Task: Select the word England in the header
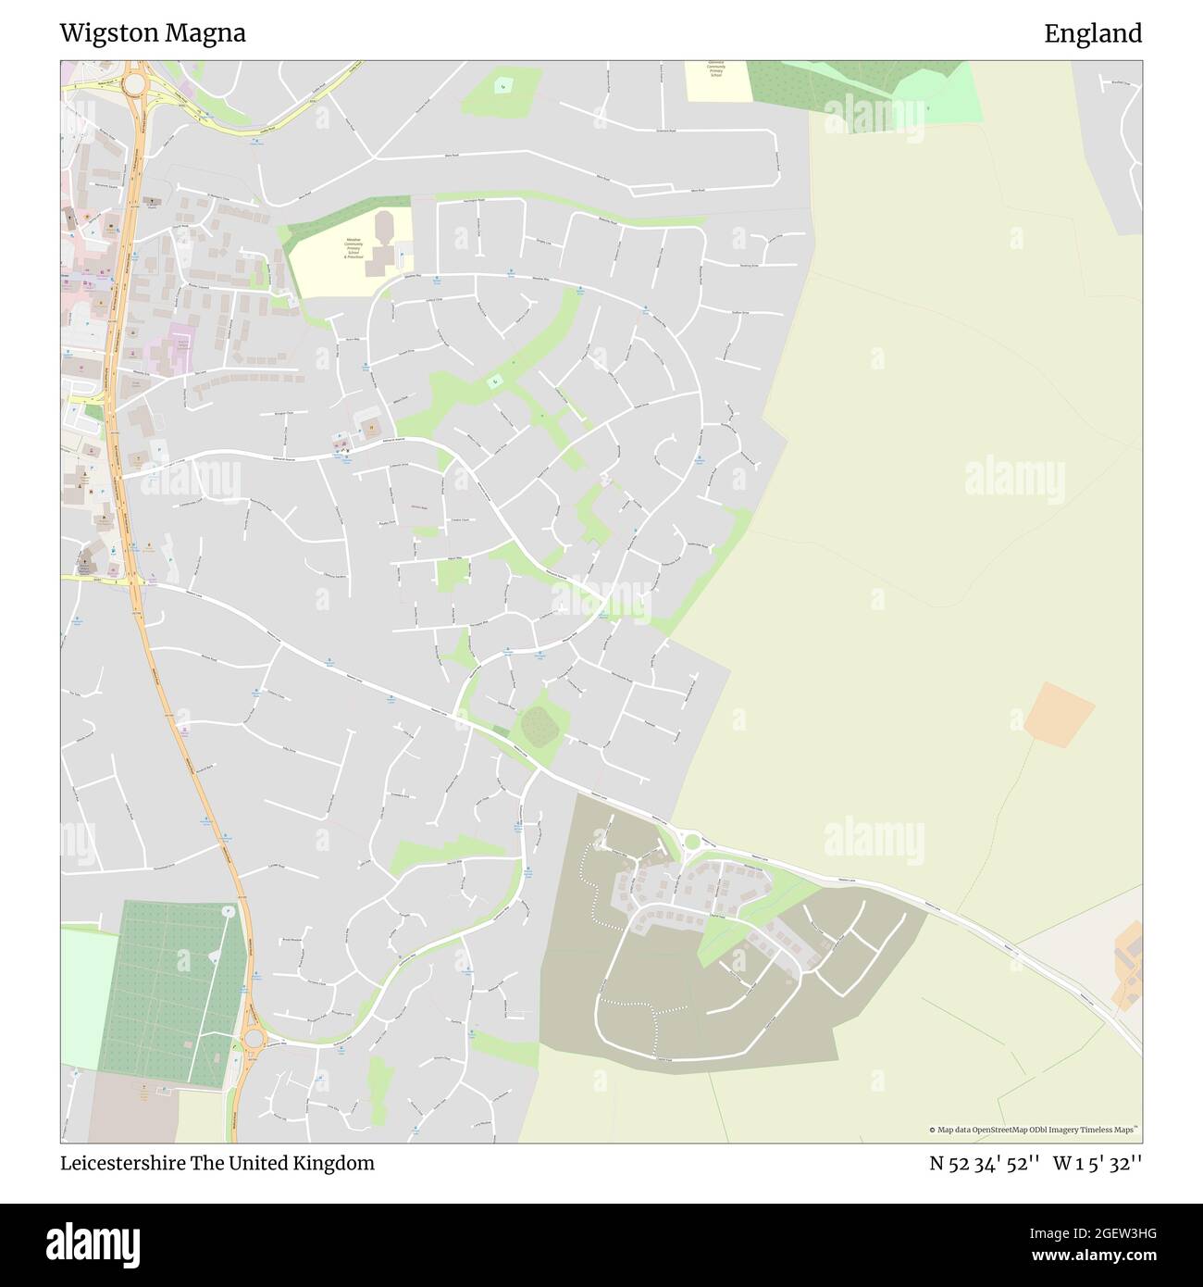point(1093,33)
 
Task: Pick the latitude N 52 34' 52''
point(985,1163)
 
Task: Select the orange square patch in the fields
point(1059,714)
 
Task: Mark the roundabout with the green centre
point(691,841)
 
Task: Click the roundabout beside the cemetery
point(252,1037)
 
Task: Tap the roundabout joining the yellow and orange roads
point(135,83)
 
